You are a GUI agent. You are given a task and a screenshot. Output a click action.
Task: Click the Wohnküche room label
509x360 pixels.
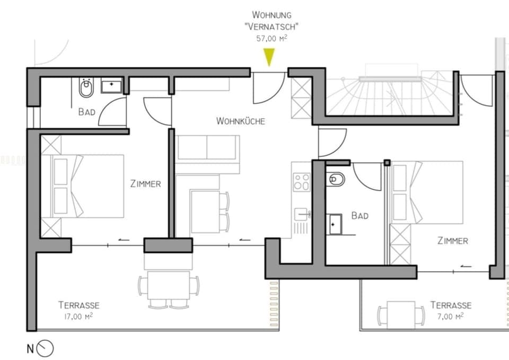240,121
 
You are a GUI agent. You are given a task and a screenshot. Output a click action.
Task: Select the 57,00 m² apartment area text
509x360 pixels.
271,38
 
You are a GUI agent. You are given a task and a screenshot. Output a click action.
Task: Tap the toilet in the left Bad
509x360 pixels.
86,88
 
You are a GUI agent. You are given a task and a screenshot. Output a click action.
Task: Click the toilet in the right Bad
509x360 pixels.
336,179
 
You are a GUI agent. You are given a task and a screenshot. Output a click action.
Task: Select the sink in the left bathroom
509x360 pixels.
111,85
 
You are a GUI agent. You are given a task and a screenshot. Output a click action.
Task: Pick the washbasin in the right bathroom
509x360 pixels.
335,224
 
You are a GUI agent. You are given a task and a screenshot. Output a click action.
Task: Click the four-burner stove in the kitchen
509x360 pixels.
302,182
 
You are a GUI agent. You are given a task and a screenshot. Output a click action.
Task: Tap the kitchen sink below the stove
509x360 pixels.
302,214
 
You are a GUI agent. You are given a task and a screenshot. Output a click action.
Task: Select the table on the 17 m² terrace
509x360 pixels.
169,285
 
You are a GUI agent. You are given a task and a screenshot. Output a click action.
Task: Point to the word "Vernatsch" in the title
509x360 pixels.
272,27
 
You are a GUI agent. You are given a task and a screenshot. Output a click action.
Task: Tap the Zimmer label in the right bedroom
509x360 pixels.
452,241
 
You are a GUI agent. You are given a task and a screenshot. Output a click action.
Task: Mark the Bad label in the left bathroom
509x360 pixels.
86,112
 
